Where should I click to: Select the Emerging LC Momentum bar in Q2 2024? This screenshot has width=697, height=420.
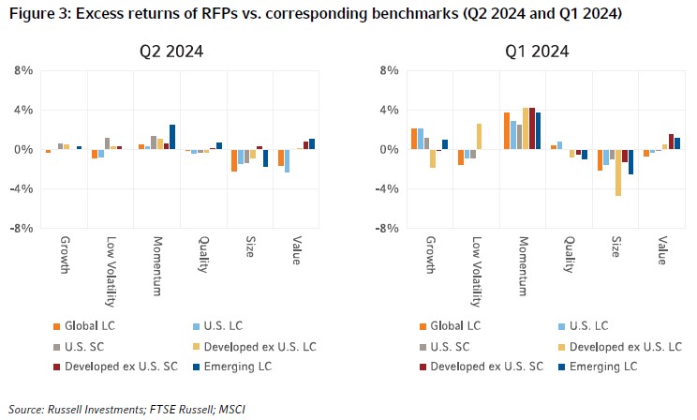click(x=172, y=137)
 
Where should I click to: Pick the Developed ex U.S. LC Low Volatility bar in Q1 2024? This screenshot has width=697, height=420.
click(x=479, y=136)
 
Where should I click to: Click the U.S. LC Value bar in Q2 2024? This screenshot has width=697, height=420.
click(x=287, y=160)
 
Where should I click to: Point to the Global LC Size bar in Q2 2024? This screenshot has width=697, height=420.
click(x=234, y=160)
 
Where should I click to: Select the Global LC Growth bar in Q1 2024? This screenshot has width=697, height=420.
click(x=414, y=139)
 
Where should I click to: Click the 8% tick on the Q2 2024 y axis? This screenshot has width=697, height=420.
click(x=24, y=70)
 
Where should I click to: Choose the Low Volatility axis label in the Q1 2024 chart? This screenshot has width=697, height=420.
click(x=477, y=271)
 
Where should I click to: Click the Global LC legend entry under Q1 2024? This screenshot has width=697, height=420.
click(x=453, y=325)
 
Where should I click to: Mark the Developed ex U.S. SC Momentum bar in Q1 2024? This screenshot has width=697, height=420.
click(x=531, y=128)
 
